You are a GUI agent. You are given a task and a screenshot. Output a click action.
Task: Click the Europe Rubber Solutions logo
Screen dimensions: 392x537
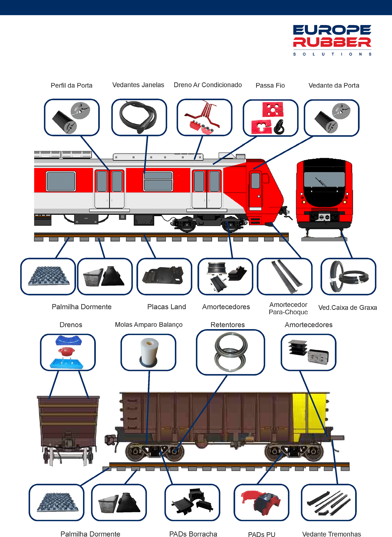click(x=332, y=40)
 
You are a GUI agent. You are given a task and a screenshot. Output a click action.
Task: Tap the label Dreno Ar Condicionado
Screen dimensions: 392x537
click(x=208, y=85)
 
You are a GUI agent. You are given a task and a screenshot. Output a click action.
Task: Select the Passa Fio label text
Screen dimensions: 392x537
click(x=270, y=85)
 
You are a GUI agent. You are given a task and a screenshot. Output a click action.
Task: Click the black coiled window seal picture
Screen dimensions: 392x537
click(x=138, y=117)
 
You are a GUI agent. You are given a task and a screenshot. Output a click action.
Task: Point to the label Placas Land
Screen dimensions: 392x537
click(x=167, y=307)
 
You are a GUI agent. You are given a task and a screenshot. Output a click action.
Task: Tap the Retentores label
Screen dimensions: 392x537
click(x=228, y=325)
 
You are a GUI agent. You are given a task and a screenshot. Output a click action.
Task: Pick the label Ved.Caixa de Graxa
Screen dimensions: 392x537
click(x=348, y=308)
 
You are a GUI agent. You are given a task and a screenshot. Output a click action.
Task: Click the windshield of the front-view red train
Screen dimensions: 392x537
click(x=324, y=179)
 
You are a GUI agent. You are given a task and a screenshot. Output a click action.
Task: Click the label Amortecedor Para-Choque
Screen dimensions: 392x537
click(x=288, y=308)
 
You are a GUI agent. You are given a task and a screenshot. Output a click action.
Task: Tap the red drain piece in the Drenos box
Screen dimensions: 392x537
click(x=67, y=351)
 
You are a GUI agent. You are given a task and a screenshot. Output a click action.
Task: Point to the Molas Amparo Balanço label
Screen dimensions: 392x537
click(x=149, y=325)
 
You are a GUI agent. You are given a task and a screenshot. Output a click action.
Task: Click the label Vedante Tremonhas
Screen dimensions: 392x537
click(x=332, y=534)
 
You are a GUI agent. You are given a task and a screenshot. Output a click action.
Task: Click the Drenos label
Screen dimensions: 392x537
click(x=71, y=325)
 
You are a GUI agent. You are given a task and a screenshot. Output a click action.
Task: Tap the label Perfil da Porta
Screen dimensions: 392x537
click(x=71, y=85)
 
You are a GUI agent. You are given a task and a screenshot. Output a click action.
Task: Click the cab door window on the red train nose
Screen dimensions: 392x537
click(x=255, y=181)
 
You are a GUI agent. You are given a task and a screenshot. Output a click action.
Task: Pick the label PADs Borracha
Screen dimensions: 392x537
click(x=193, y=534)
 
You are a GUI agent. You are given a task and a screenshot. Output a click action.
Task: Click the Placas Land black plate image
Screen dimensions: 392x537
click(x=163, y=276)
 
